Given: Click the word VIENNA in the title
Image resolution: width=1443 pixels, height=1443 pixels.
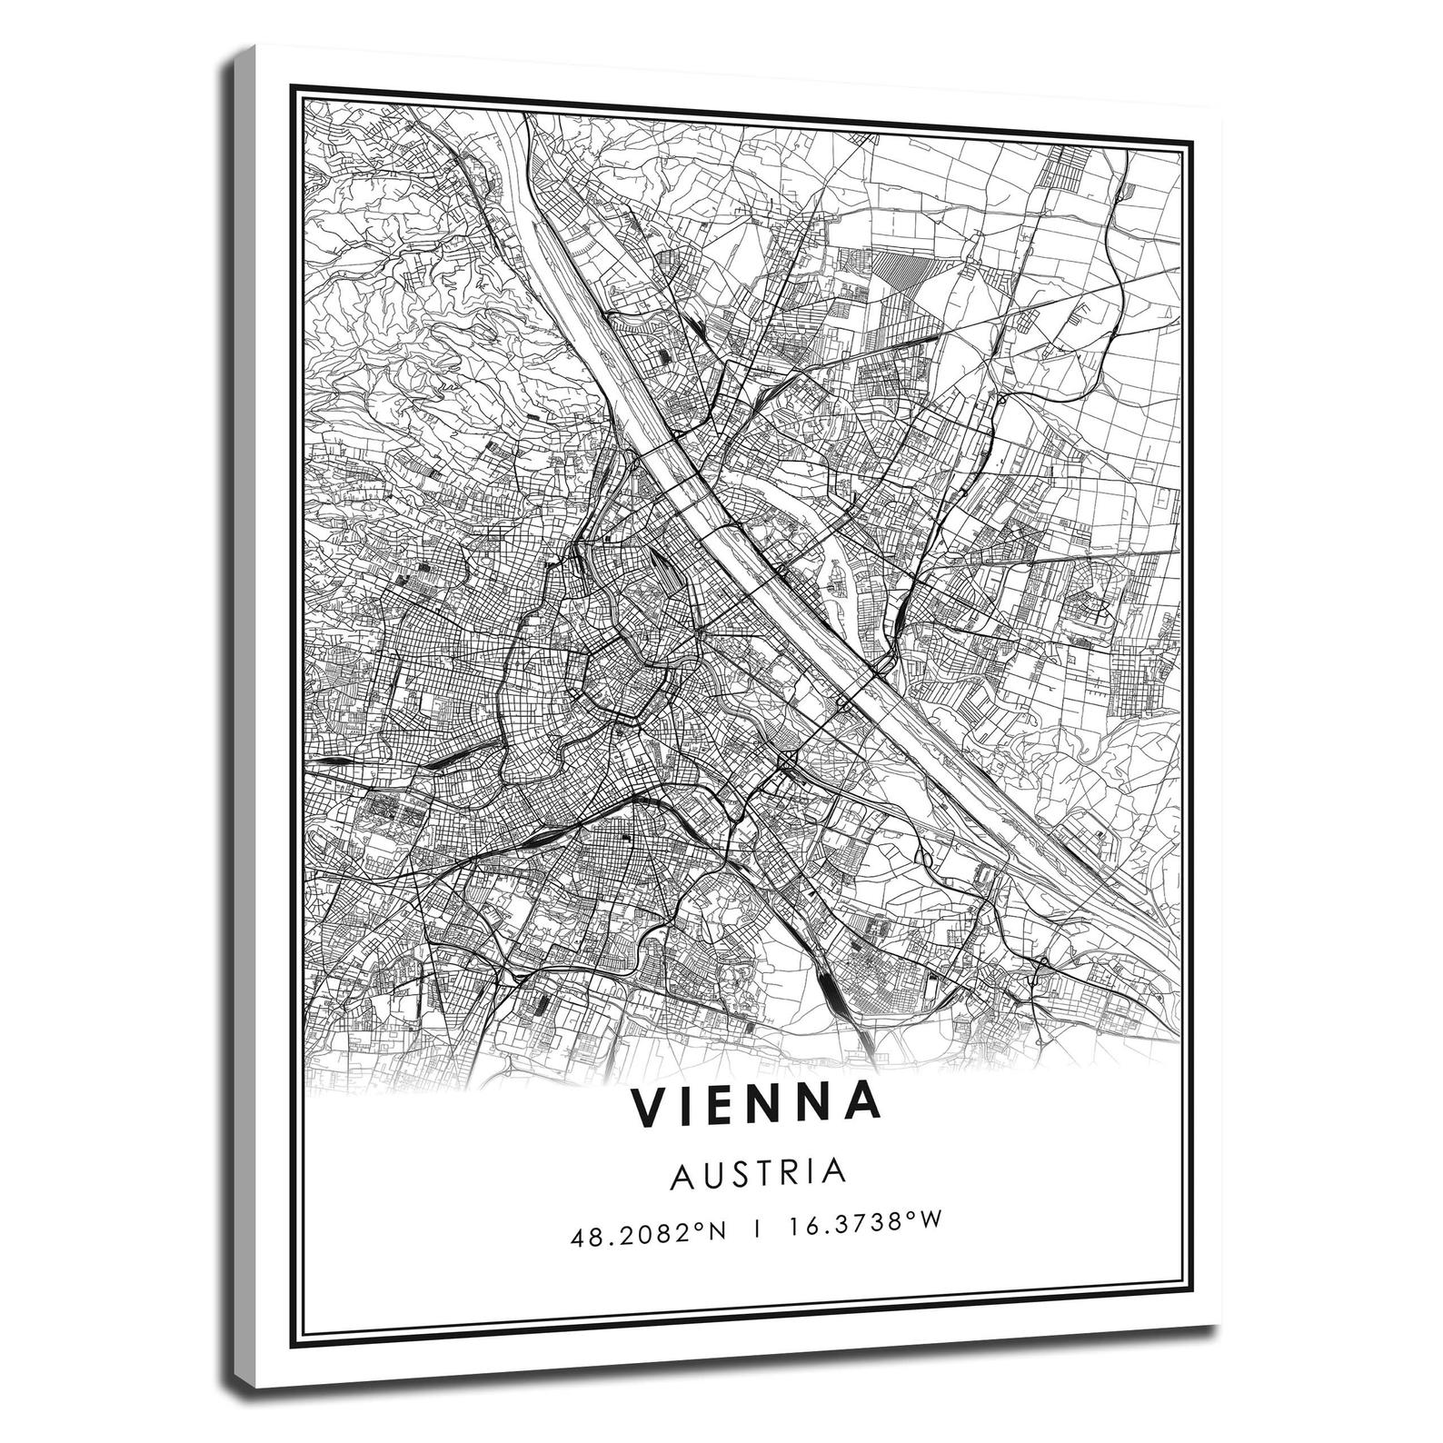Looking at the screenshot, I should coord(757,1103).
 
